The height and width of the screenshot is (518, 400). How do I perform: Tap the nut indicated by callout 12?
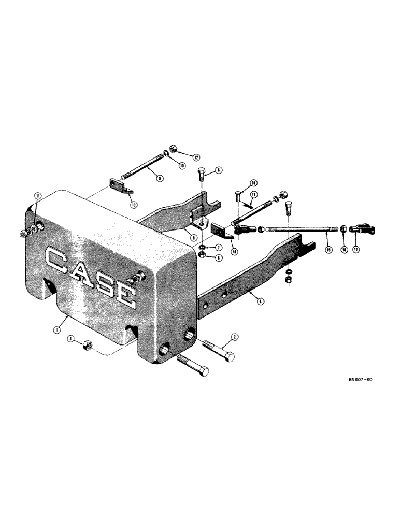pyautogui.click(x=175, y=148)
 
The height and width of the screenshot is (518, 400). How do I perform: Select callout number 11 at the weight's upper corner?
pyautogui.click(x=38, y=196)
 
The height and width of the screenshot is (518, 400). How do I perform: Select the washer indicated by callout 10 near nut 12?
pyautogui.click(x=164, y=153)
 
